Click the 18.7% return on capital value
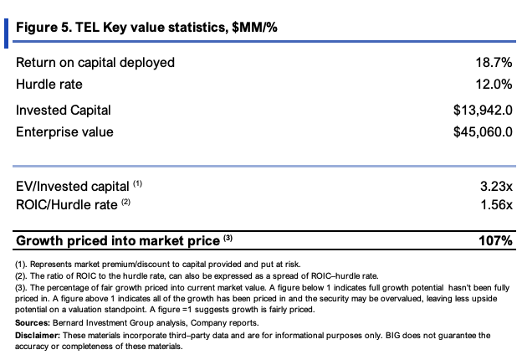click(x=494, y=62)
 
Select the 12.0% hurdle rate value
click(x=494, y=84)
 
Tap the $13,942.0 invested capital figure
click(x=483, y=111)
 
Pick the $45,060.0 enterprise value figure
click(x=483, y=132)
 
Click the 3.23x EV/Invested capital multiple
click(x=496, y=186)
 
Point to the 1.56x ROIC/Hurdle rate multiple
click(x=496, y=204)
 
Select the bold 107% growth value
click(x=495, y=240)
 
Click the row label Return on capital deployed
click(x=95, y=63)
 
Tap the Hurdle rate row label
click(x=49, y=84)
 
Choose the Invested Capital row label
click(x=64, y=111)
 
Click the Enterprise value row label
click(x=64, y=132)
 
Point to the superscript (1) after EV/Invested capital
click(x=137, y=183)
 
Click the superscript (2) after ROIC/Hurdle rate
click(x=125, y=202)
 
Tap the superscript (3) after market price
click(x=228, y=238)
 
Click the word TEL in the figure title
click(x=87, y=27)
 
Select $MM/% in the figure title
click(x=254, y=28)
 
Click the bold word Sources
click(x=33, y=322)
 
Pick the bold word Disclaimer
click(x=38, y=335)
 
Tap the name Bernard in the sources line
click(x=68, y=322)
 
